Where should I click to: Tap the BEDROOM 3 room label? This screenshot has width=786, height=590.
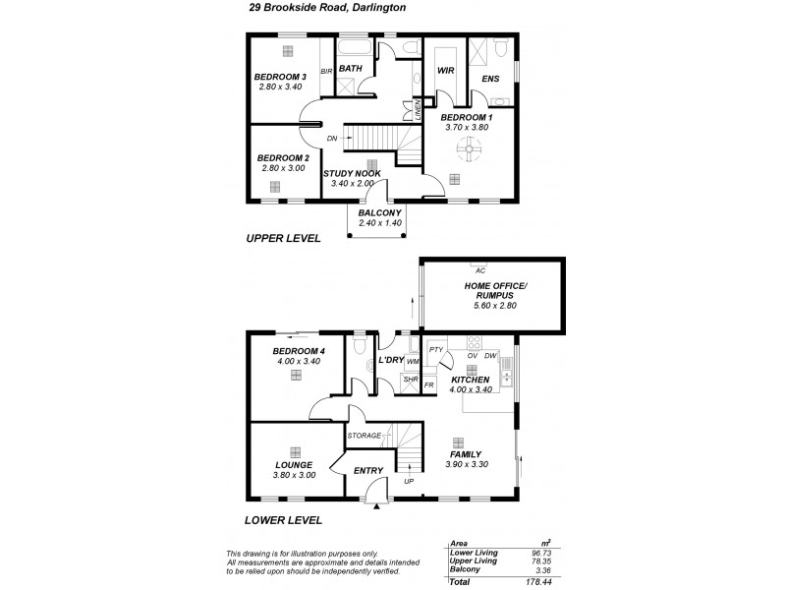pyautogui.click(x=281, y=77)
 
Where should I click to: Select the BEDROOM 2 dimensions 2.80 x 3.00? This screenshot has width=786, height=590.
pyautogui.click(x=283, y=168)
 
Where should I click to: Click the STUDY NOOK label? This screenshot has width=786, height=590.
pyautogui.click(x=352, y=173)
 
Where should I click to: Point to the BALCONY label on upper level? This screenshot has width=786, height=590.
pyautogui.click(x=378, y=211)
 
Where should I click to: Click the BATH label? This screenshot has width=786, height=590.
pyautogui.click(x=351, y=68)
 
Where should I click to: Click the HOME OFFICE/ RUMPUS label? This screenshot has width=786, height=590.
pyautogui.click(x=491, y=291)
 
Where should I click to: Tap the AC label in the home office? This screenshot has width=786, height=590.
pyautogui.click(x=480, y=268)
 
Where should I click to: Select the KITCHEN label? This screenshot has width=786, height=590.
pyautogui.click(x=470, y=380)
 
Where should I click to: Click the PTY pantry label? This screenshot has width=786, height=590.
pyautogui.click(x=437, y=349)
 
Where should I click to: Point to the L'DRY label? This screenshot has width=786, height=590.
pyautogui.click(x=391, y=361)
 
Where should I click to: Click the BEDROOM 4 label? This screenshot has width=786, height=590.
pyautogui.click(x=298, y=351)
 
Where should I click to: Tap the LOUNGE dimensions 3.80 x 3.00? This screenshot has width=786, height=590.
pyautogui.click(x=294, y=475)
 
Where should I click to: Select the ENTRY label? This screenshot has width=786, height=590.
pyautogui.click(x=367, y=471)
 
